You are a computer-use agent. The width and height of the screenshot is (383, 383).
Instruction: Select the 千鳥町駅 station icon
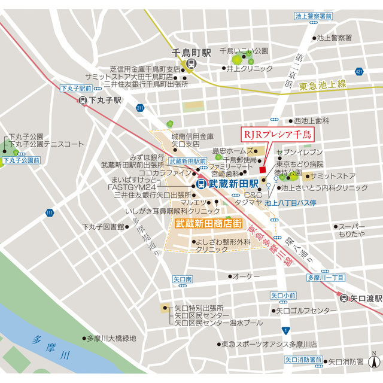coord(190,64)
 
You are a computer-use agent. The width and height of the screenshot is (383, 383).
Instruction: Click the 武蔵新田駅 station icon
coord(202,184)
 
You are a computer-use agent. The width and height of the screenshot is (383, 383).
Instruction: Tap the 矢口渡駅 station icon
coord(344,298)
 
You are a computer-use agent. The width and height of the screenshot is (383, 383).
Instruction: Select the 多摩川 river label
coord(52,347)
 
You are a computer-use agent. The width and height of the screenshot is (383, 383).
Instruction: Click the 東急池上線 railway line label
coord(323,86)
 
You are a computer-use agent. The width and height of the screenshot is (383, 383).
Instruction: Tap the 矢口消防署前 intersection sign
coord(303,360)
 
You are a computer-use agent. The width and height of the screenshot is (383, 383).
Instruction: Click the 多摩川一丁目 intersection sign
coord(326,278)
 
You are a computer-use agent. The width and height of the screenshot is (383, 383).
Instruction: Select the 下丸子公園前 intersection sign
coord(20,160)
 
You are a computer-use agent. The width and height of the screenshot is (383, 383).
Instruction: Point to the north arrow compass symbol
coord(375,360)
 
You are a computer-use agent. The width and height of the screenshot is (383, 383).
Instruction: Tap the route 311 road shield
coord(139,108)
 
